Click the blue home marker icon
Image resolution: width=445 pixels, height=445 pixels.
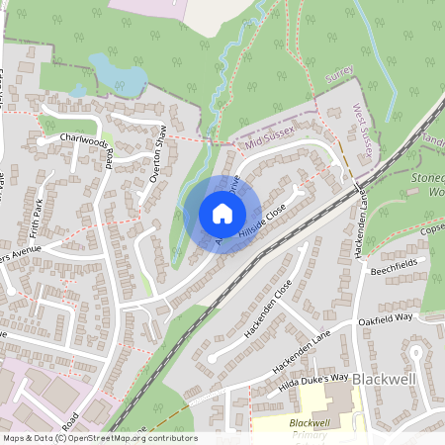click(x=222, y=213)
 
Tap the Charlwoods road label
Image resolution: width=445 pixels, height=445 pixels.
click(x=83, y=141)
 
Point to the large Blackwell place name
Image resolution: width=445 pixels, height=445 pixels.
click(x=392, y=380)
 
